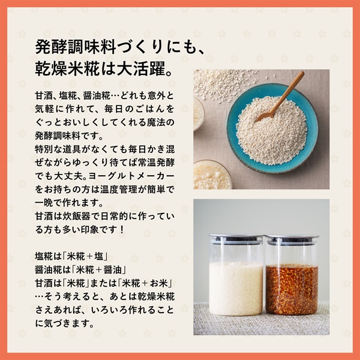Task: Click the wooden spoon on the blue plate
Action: point(281,96)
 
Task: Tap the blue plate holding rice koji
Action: point(272,128)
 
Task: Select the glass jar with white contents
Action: point(236,275)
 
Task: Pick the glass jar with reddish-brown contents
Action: point(292,275)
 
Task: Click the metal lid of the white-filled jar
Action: point(236,238)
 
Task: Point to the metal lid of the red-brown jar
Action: point(292,239)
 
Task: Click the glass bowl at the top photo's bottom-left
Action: point(211,175)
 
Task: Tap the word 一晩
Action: point(44,203)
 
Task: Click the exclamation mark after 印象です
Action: point(122,230)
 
